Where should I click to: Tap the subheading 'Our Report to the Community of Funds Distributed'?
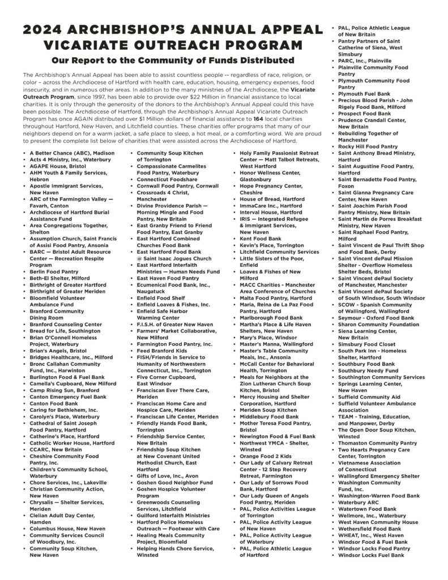pyautogui.click(x=172, y=61)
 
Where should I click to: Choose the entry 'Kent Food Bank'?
pyautogui.click(x=260, y=238)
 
